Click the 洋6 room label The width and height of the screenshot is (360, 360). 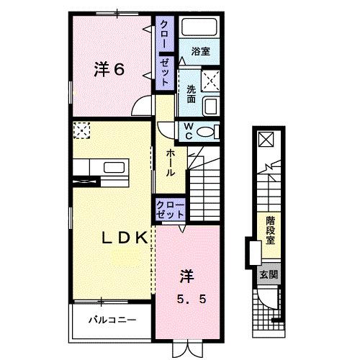click(109, 70)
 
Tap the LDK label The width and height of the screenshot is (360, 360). click(125, 238)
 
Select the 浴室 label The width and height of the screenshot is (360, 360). click(201, 51)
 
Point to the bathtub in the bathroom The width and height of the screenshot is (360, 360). click(199, 27)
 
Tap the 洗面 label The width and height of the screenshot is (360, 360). click(192, 94)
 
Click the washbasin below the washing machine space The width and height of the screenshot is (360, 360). click(211, 106)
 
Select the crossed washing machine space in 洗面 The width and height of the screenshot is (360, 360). click(210, 81)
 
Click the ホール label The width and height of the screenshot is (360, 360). click(170, 163)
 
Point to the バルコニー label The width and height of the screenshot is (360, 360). click(112, 320)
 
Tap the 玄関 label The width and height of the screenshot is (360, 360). click(269, 274)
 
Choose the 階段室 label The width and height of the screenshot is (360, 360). click(270, 230)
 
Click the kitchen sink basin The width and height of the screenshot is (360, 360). click(114, 167)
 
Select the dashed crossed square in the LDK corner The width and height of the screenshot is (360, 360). click(81, 130)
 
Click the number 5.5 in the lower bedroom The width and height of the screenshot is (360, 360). click(192, 300)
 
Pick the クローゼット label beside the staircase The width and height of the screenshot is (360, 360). click(170, 210)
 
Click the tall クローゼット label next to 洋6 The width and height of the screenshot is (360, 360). click(165, 53)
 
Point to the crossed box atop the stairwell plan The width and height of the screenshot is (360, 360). click(266, 139)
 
